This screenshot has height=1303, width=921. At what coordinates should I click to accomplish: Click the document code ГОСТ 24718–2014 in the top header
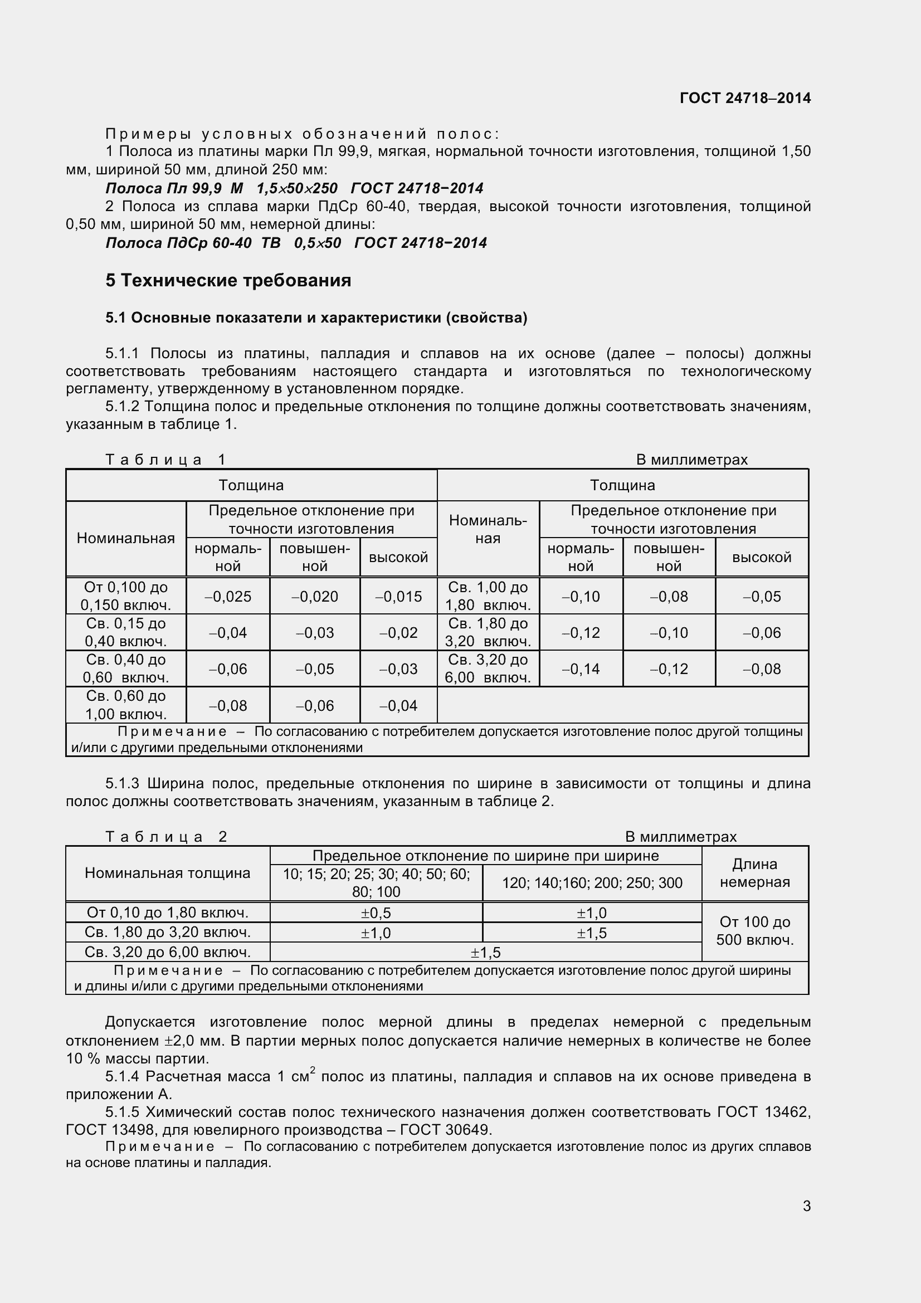coord(744,98)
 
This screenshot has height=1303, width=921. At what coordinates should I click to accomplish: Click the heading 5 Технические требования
coord(228,280)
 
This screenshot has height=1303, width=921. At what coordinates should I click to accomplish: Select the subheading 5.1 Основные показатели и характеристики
coord(316,318)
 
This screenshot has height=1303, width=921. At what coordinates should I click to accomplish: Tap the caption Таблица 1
coord(165,459)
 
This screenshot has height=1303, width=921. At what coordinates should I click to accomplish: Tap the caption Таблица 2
coord(166,837)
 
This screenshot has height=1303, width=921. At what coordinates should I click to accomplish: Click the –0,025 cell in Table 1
coord(227,597)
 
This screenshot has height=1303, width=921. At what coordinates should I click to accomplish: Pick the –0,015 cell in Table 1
coord(398,597)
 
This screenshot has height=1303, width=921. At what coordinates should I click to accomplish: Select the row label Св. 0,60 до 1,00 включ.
coord(126,705)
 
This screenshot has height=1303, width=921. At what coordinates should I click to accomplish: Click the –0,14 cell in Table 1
coord(581,668)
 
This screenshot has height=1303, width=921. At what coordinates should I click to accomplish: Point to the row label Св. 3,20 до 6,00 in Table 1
coord(488,668)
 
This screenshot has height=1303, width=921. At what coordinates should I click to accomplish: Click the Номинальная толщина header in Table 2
coord(167,873)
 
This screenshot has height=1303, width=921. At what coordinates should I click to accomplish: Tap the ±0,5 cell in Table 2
coord(376,912)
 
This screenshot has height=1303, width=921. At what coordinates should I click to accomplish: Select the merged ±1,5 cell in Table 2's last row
coord(485,952)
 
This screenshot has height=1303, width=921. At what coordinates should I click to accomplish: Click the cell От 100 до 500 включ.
coord(754,931)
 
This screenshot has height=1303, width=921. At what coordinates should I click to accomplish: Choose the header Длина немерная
coord(754,873)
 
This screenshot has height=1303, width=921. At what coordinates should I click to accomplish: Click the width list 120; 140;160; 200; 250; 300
coord(592,882)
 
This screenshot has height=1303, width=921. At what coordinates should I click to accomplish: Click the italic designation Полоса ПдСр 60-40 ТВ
coord(193,243)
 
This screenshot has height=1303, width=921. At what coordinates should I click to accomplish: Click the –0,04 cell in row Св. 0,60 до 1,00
coord(398,705)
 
